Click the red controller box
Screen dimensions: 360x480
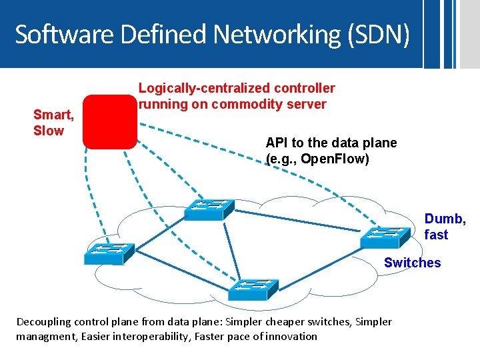pos(109,121)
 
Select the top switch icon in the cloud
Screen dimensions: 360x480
pos(209,209)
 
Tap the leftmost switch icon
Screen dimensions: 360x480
pos(109,251)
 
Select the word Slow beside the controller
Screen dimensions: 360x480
pos(49,131)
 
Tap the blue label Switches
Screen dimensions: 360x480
pos(412,263)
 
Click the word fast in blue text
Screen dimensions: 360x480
pos(436,235)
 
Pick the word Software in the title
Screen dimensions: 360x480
pos(58,34)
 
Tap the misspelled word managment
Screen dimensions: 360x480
pos(45,336)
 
